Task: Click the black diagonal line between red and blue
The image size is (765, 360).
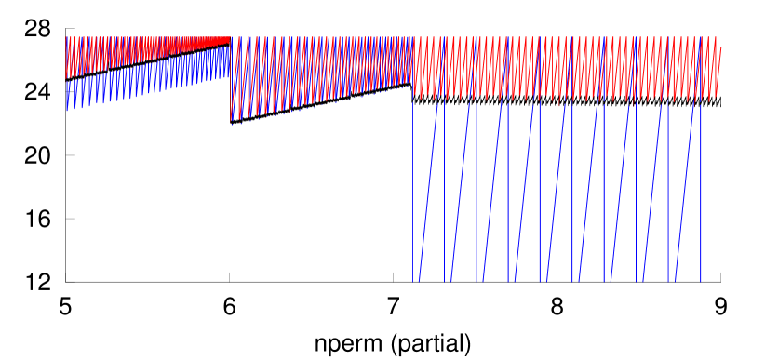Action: tap(149, 61)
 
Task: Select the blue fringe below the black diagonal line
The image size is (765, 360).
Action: tap(140, 82)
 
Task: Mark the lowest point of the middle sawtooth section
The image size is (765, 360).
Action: tap(231, 121)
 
